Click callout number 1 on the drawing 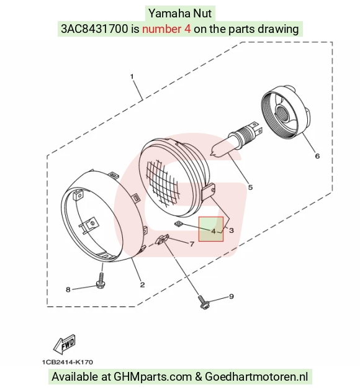click(x=132, y=76)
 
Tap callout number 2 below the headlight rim click(x=142, y=284)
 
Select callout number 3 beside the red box click(x=232, y=230)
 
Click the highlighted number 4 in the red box click(x=214, y=231)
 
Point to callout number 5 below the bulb click(x=250, y=188)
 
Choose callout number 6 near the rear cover click(x=317, y=156)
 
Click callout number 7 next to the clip click(x=192, y=244)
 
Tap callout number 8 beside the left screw click(x=68, y=289)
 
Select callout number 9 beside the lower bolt click(x=232, y=296)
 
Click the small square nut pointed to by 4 click(x=178, y=224)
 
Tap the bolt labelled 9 click(x=204, y=302)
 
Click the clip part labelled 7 click(x=162, y=240)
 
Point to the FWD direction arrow click(x=65, y=344)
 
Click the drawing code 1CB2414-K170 click(x=68, y=362)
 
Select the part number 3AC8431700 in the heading click(x=94, y=29)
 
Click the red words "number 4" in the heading click(x=166, y=29)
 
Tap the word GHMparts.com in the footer click(x=153, y=376)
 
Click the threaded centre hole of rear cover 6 click(x=282, y=113)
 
